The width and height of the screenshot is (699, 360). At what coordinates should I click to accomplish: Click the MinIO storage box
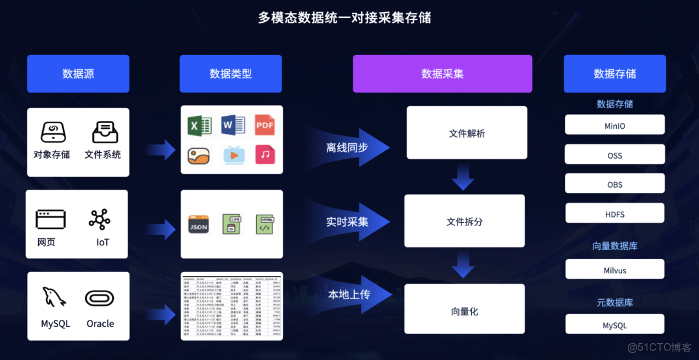tap(614, 124)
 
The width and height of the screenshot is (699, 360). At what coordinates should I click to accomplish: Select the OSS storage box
tap(614, 155)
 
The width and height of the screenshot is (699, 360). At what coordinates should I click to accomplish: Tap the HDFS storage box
tap(614, 214)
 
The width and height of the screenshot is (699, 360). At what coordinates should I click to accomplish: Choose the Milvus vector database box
tap(614, 270)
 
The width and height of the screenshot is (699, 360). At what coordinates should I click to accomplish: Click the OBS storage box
tap(614, 184)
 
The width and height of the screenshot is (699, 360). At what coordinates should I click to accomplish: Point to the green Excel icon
tap(199, 125)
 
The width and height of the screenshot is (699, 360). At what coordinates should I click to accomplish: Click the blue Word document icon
tap(232, 125)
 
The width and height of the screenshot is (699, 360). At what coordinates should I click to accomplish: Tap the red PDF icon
tap(265, 125)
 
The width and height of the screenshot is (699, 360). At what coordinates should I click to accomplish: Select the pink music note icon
tap(265, 154)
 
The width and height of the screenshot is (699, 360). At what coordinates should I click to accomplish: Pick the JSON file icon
tap(198, 225)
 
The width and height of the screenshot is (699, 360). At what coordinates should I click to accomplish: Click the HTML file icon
tap(265, 225)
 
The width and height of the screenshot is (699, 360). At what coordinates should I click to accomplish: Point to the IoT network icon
tap(100, 220)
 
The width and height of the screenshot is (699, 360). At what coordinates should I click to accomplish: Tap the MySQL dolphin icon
tap(54, 297)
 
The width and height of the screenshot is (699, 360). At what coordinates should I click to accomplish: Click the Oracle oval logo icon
tap(100, 298)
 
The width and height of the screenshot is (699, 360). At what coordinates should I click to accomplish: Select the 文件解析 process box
tap(467, 133)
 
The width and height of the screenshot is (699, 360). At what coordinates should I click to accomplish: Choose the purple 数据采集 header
tap(442, 74)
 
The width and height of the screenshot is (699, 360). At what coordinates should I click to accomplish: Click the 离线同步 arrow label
tap(348, 148)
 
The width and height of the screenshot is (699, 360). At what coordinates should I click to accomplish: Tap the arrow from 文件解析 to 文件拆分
tap(463, 176)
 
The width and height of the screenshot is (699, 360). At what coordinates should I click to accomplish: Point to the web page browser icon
tap(50, 220)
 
